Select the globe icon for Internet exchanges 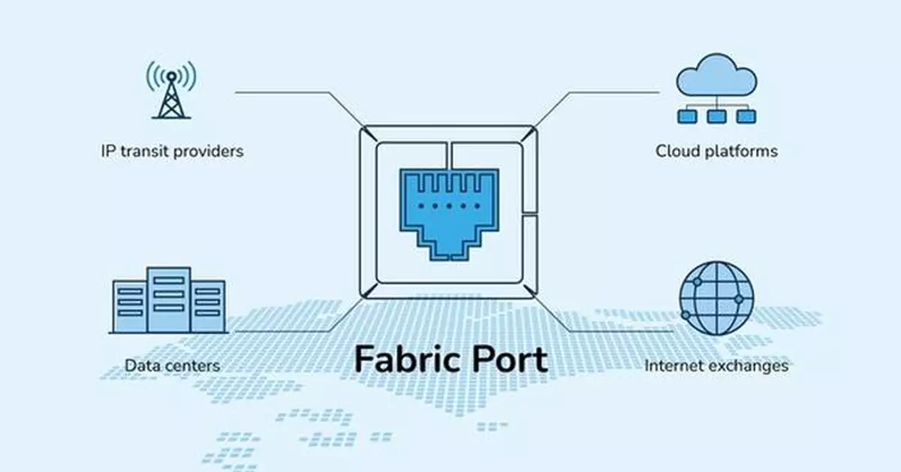tap(716, 298)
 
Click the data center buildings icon tap(168, 299)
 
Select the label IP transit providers tap(172, 151)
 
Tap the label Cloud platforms tap(716, 151)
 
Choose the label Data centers tap(172, 365)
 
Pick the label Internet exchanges tap(716, 365)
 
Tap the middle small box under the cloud tap(716, 116)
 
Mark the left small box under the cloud tap(687, 116)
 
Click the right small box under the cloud tap(744, 116)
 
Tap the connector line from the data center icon tap(285, 330)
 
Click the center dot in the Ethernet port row tap(449, 206)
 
